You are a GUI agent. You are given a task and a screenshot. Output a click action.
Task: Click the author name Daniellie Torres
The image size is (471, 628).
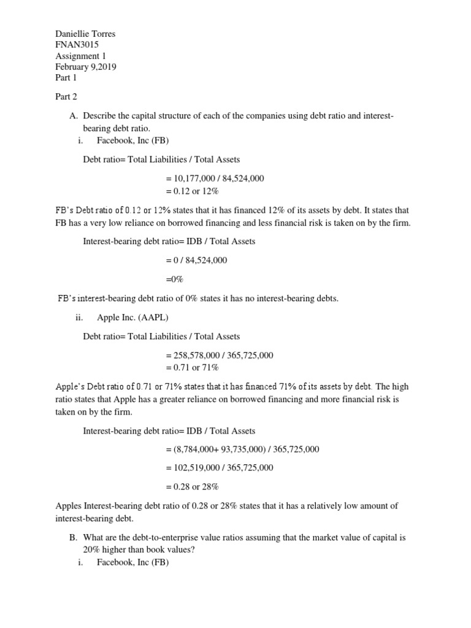coord(85,34)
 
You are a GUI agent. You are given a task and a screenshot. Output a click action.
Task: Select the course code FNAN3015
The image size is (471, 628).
coord(77,45)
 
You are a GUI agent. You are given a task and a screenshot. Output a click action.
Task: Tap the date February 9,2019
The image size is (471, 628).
coord(86,67)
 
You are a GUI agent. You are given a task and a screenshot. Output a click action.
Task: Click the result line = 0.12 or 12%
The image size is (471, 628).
coord(192,190)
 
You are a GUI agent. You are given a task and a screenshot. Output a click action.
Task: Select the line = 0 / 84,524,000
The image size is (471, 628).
coord(196,260)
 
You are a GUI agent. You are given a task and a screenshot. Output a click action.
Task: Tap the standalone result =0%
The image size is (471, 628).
coord(175,279)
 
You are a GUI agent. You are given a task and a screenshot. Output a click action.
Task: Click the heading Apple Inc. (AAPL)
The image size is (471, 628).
coord(132,317)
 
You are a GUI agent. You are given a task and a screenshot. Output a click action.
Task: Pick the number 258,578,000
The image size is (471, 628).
coord(197,355)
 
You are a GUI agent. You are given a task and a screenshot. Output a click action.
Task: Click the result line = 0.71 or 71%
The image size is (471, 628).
coord(192,367)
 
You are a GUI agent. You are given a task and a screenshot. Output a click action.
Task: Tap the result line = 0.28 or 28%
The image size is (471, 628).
coord(192,487)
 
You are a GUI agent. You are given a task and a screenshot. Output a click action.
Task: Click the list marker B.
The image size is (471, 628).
coord(73,537)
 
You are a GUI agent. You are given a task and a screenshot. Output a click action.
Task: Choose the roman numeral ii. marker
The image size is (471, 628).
coord(78,317)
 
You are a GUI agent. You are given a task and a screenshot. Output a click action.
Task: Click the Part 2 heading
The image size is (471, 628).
coord(66,97)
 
